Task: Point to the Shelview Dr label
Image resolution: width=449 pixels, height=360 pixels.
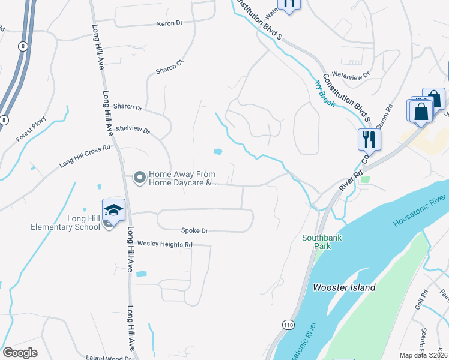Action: click(x=133, y=129)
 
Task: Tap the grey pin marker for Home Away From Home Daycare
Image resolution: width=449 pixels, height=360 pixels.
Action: click(x=139, y=178)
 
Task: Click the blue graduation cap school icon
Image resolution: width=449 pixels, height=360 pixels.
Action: click(x=113, y=209)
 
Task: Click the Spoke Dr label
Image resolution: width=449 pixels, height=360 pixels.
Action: click(x=195, y=230)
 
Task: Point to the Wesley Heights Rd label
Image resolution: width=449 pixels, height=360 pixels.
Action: click(x=164, y=244)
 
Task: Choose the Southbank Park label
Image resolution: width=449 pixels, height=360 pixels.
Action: click(x=322, y=242)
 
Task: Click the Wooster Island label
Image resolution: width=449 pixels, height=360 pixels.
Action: click(x=345, y=287)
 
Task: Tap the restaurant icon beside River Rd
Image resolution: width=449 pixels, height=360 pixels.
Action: click(x=367, y=140)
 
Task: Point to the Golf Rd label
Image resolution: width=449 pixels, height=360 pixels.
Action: click(x=420, y=298)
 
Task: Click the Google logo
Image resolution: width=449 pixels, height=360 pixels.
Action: click(x=20, y=353)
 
